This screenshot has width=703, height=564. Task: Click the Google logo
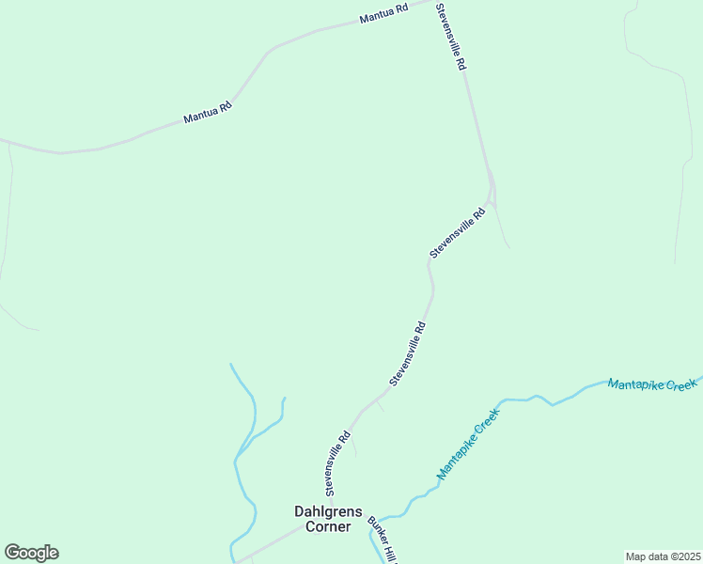[x=31, y=553]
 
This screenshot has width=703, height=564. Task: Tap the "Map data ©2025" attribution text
[x=663, y=556]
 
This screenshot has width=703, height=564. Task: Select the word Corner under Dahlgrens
[x=322, y=527]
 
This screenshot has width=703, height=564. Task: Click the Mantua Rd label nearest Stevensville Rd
[x=384, y=14]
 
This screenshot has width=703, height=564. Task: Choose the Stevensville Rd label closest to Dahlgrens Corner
[x=338, y=463]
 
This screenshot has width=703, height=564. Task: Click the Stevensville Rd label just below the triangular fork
[x=457, y=234]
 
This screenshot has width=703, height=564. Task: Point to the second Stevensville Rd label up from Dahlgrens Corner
[x=408, y=354]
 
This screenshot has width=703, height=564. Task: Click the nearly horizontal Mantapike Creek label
[x=651, y=384]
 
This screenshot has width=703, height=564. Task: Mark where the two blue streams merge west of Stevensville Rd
[x=237, y=459]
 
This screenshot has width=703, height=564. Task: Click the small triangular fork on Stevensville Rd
[x=492, y=188]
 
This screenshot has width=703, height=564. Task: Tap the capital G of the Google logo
[x=12, y=553]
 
